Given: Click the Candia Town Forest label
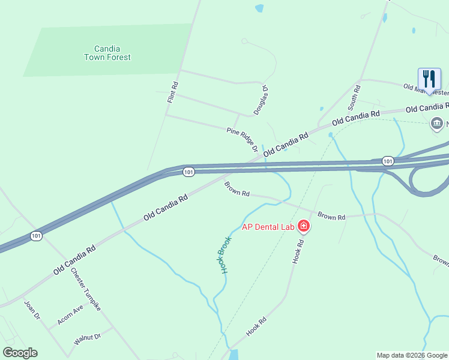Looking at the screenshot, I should pyautogui.click(x=107, y=53).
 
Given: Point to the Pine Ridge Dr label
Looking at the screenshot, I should pyautogui.click(x=242, y=139).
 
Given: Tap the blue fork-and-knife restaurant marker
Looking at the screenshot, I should pyautogui.click(x=429, y=79).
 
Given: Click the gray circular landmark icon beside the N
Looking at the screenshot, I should pyautogui.click(x=436, y=124).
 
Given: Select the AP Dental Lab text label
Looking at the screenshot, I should pyautogui.click(x=269, y=226).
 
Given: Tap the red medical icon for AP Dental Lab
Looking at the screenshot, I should pyautogui.click(x=304, y=226).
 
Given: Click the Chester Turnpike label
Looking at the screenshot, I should pyautogui.click(x=86, y=289).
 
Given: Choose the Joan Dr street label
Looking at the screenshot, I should pyautogui.click(x=31, y=310).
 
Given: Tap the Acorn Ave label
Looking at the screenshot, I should pyautogui.click(x=70, y=315).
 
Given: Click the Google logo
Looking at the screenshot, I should pyautogui.click(x=20, y=353).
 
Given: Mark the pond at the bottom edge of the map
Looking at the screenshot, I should pyautogui.click(x=233, y=355).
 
